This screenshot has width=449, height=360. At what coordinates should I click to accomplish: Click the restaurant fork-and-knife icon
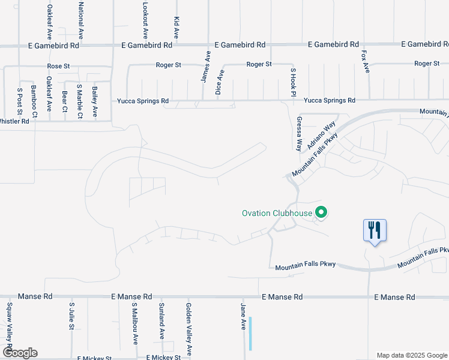[x=375, y=230]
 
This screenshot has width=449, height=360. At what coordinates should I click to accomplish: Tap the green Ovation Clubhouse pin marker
[x=321, y=212]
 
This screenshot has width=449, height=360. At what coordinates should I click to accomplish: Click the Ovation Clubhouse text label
[x=277, y=213]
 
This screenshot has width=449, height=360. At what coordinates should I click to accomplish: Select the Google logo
[x=20, y=352]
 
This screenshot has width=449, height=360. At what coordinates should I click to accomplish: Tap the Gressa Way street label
[x=298, y=133]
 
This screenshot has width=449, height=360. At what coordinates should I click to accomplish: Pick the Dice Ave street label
[x=220, y=82]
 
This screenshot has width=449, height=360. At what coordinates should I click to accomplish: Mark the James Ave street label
[x=205, y=66]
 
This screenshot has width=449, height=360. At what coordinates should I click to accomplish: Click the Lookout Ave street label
[x=145, y=22]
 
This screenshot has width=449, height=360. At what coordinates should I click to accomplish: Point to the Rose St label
[x=59, y=66]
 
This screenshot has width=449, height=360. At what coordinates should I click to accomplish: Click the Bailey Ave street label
[x=95, y=101]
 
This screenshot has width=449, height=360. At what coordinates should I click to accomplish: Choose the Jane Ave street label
[x=243, y=316]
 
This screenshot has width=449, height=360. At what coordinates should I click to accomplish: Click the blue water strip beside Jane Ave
[x=250, y=334]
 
